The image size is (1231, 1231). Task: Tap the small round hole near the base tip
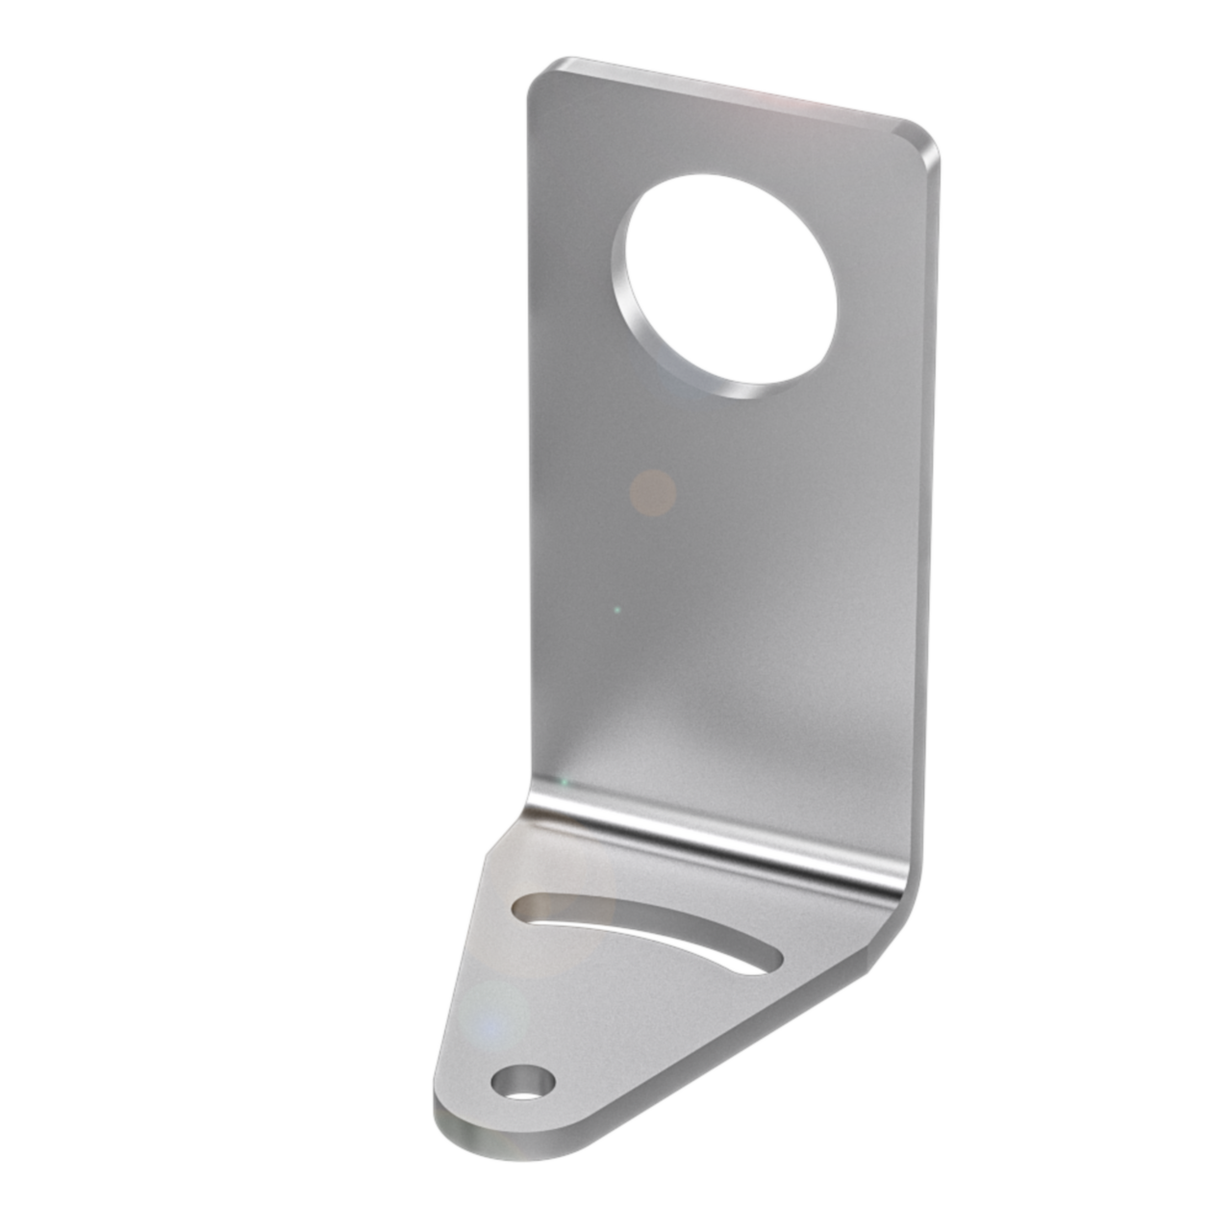tap(522, 1081)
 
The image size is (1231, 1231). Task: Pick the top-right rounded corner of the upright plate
tap(923, 140)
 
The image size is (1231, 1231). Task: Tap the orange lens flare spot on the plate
tap(652, 492)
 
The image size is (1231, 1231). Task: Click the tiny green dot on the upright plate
tap(616, 609)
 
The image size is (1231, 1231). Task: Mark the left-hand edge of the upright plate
tap(531, 433)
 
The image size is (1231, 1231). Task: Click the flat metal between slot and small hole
tap(577, 1010)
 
